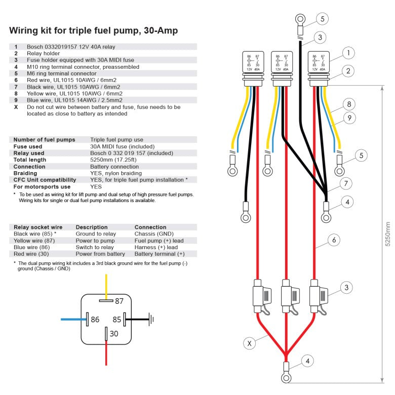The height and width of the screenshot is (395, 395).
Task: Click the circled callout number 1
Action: click(x=348, y=53)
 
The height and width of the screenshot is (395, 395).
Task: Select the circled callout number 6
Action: click(x=333, y=240)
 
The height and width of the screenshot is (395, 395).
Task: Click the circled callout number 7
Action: click(x=344, y=183)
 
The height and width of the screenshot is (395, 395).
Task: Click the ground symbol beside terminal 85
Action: click(x=150, y=320)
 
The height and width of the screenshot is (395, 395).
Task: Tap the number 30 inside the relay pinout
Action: click(x=114, y=333)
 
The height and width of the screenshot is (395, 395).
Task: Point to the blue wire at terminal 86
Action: click(x=73, y=320)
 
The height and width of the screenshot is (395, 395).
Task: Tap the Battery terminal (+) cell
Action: click(x=160, y=254)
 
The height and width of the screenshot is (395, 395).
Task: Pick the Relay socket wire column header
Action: click(x=38, y=227)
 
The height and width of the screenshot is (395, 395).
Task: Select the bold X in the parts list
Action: click(x=16, y=107)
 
